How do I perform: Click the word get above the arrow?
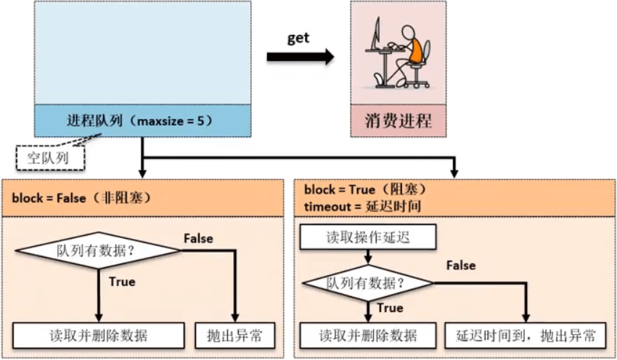[x=298, y=38]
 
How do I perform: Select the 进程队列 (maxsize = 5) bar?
[x=142, y=120]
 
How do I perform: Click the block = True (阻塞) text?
[x=364, y=190]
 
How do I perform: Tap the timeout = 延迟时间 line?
[x=363, y=206]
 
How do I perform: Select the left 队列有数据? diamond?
[x=97, y=251]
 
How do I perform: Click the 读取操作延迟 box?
[x=368, y=237]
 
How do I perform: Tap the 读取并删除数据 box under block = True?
[x=368, y=335]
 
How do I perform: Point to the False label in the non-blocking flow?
[x=198, y=237]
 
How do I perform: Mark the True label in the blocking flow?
[x=390, y=308]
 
